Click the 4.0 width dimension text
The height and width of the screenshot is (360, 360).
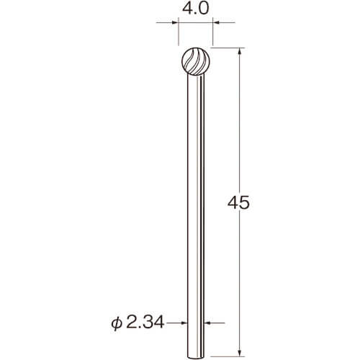(196, 9)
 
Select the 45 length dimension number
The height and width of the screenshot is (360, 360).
(238, 203)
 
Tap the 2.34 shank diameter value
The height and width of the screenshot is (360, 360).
(145, 322)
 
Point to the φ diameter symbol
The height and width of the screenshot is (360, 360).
(117, 323)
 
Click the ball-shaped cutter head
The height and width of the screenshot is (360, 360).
(196, 61)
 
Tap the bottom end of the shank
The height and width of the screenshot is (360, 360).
(196, 356)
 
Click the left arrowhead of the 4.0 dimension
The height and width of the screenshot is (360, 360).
(176, 23)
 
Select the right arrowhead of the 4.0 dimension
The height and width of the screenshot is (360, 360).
(216, 23)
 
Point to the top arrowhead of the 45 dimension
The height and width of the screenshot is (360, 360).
(239, 52)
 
